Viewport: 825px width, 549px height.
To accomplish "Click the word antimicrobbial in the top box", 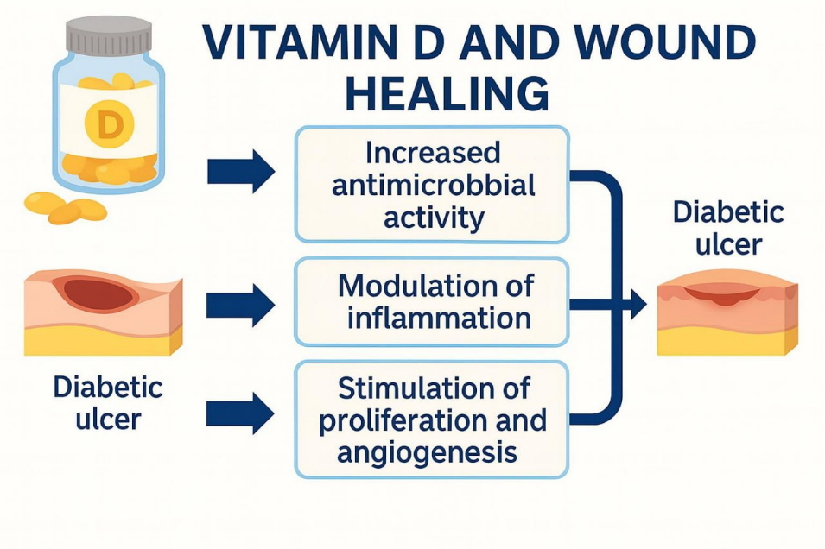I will click(x=432, y=185).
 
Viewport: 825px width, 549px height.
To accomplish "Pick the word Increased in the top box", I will click(x=433, y=153).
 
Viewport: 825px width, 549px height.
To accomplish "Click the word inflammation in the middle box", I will click(x=438, y=318).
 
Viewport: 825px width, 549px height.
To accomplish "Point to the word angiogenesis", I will click(x=427, y=451).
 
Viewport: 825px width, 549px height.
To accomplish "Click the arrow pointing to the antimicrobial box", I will click(x=240, y=173).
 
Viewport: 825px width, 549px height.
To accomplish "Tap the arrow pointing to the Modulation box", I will click(x=240, y=304).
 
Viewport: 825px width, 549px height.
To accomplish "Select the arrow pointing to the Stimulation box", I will click(x=240, y=413).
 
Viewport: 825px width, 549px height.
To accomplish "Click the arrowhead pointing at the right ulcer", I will click(x=638, y=304).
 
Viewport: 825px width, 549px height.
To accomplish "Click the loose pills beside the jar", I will click(x=65, y=207).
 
